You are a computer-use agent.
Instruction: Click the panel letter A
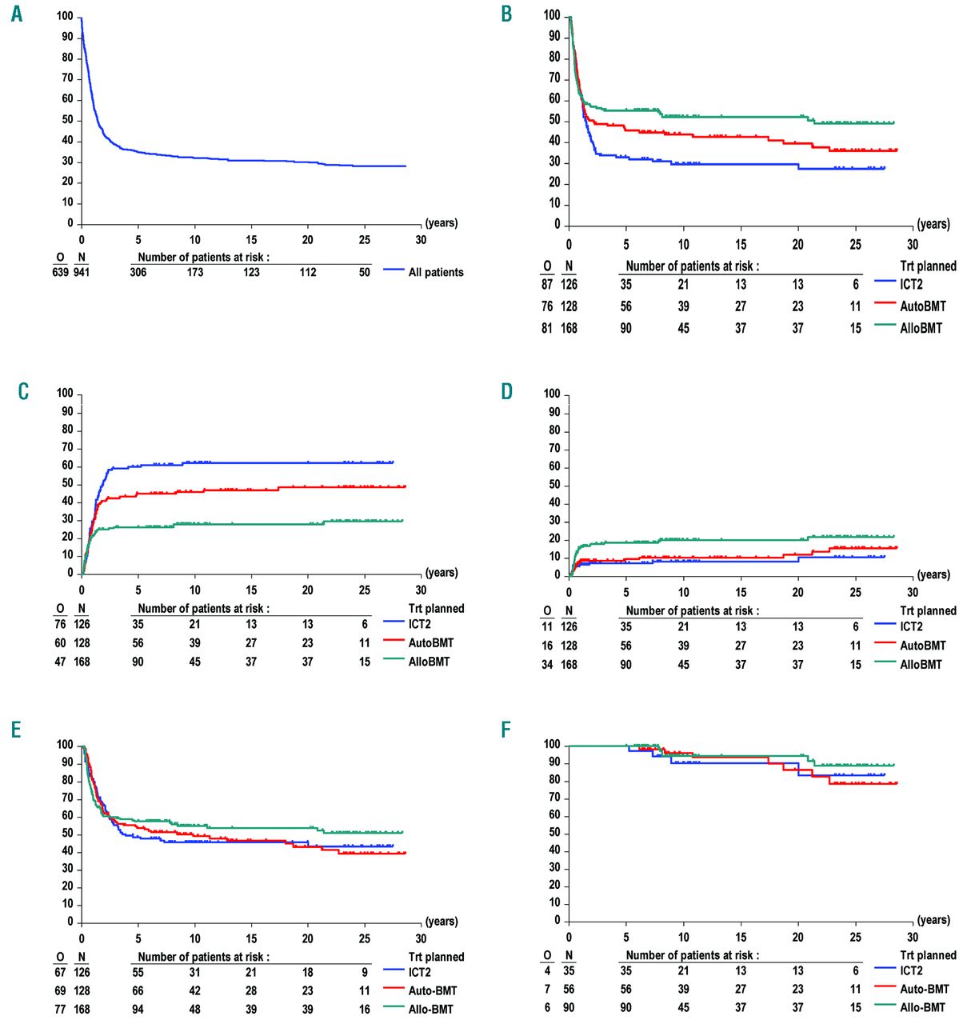pos(17,14)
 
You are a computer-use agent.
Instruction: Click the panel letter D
pos(506,391)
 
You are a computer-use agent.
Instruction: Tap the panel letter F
pos(505,730)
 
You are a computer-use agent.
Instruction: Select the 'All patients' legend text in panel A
pos(435,272)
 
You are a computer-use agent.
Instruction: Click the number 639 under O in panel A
pos(60,272)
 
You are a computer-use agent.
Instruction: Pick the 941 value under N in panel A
pos(82,272)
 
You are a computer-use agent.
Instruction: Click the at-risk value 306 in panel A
pos(138,272)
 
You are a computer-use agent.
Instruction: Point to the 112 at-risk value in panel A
pos(308,272)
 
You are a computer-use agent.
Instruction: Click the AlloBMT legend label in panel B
pos(921,328)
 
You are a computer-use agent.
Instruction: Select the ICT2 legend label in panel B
pos(911,284)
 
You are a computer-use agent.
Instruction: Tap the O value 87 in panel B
pos(547,284)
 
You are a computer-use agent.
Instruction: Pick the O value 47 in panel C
pos(60,662)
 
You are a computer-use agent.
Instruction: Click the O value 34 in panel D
pos(547,664)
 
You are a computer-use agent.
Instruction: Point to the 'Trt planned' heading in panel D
pos(928,610)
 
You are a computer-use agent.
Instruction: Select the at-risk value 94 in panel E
pos(138,1009)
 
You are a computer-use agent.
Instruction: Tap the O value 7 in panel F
pos(547,989)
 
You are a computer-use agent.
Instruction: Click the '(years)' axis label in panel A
pos(442,222)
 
